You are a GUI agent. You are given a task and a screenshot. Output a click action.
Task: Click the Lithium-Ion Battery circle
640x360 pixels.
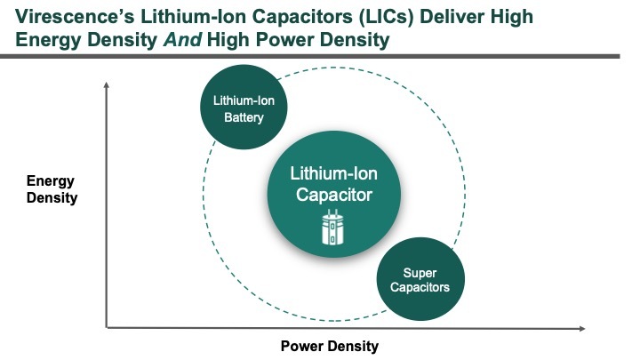[x=244, y=107]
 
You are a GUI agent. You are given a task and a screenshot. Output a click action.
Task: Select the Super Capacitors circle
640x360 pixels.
[x=420, y=279]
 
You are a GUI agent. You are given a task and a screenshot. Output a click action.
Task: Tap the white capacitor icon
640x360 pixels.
[x=333, y=228]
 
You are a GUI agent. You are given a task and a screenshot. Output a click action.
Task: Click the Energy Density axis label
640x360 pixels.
[x=52, y=189]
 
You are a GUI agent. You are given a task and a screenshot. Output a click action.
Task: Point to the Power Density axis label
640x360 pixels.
[x=330, y=346]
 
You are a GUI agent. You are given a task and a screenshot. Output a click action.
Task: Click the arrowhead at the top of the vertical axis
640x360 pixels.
[x=107, y=84]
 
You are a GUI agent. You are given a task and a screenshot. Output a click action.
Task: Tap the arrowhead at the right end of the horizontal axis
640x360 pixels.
[x=582, y=328]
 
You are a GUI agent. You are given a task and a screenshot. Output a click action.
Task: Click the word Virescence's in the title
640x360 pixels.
[x=75, y=17]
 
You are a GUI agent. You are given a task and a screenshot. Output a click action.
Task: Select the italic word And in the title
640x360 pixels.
[x=182, y=40]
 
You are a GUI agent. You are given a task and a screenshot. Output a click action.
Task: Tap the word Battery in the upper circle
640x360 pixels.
[x=244, y=117]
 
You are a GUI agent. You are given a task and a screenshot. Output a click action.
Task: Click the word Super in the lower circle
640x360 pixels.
[x=420, y=273]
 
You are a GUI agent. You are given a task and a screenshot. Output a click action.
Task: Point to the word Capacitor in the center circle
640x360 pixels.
[x=334, y=195]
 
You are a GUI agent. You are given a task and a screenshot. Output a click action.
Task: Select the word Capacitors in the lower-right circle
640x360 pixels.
[x=420, y=287]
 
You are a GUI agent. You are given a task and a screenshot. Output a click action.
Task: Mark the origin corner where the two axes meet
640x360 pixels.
[x=107, y=327]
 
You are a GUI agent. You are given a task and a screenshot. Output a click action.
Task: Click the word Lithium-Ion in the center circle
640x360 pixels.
[x=334, y=174]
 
